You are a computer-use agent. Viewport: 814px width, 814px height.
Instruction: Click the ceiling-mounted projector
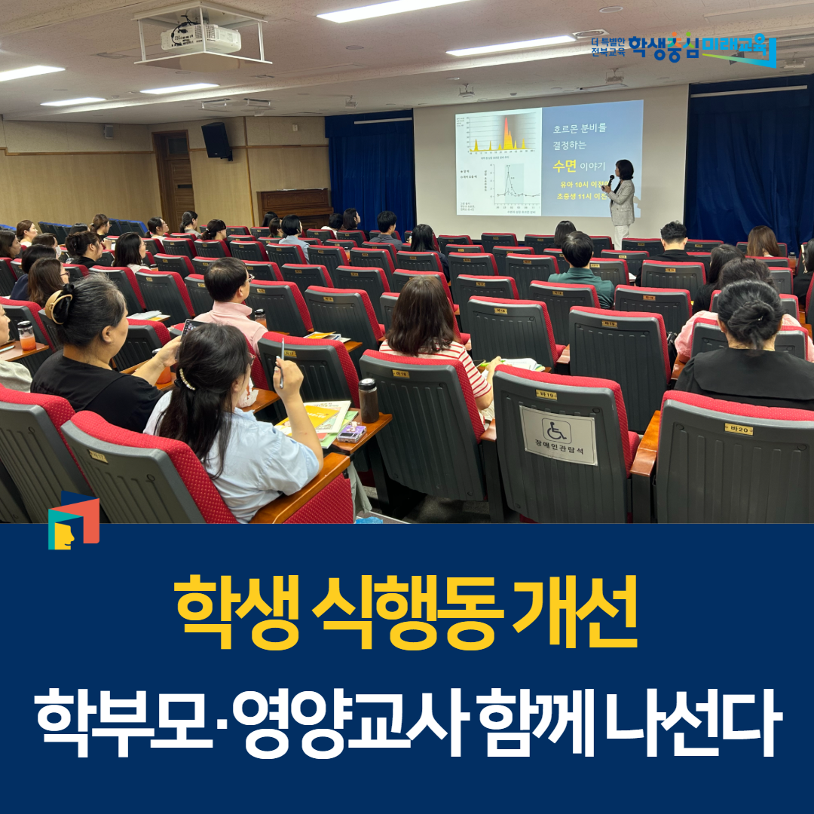tap(200, 38)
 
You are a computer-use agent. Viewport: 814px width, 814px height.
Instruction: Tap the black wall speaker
tap(216, 140)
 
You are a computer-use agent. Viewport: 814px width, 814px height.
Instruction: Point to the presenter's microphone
tap(610, 180)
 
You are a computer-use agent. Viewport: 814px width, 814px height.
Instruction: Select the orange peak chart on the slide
tap(500, 136)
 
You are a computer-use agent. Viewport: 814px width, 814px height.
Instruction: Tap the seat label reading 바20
tap(739, 429)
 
